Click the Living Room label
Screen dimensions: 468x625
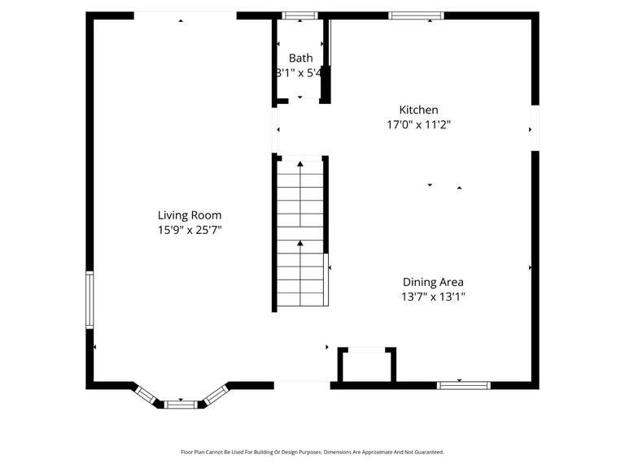click(x=189, y=215)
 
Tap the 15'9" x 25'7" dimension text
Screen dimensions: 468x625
click(x=189, y=230)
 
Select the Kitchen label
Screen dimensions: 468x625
click(x=418, y=110)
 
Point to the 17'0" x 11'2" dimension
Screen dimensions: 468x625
click(x=418, y=125)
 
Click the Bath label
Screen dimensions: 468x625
click(x=300, y=58)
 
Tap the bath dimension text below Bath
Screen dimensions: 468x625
click(x=300, y=72)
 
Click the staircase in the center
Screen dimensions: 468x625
click(x=300, y=233)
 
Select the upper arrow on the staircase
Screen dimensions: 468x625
click(x=300, y=165)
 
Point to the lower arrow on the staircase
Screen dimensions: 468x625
click(x=300, y=243)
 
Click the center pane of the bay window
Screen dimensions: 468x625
click(x=180, y=403)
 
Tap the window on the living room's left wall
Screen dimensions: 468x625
click(x=90, y=300)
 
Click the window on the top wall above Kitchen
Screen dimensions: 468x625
click(x=416, y=15)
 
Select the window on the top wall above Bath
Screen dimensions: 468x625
click(x=299, y=15)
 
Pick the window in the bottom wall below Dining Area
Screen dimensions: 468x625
click(x=464, y=384)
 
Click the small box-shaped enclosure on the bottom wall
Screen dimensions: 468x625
click(x=367, y=366)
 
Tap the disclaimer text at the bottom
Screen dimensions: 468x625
click(x=312, y=453)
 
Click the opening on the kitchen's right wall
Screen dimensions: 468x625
click(x=535, y=128)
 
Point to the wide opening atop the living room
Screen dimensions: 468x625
click(x=185, y=15)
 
